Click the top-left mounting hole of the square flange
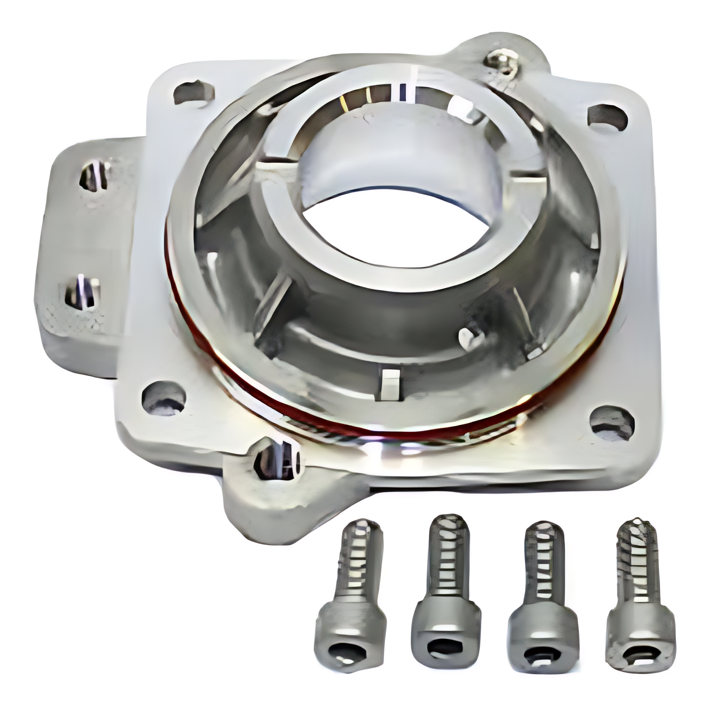click(194, 92)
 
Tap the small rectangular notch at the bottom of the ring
click(390, 383)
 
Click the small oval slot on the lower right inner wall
click(471, 337)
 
